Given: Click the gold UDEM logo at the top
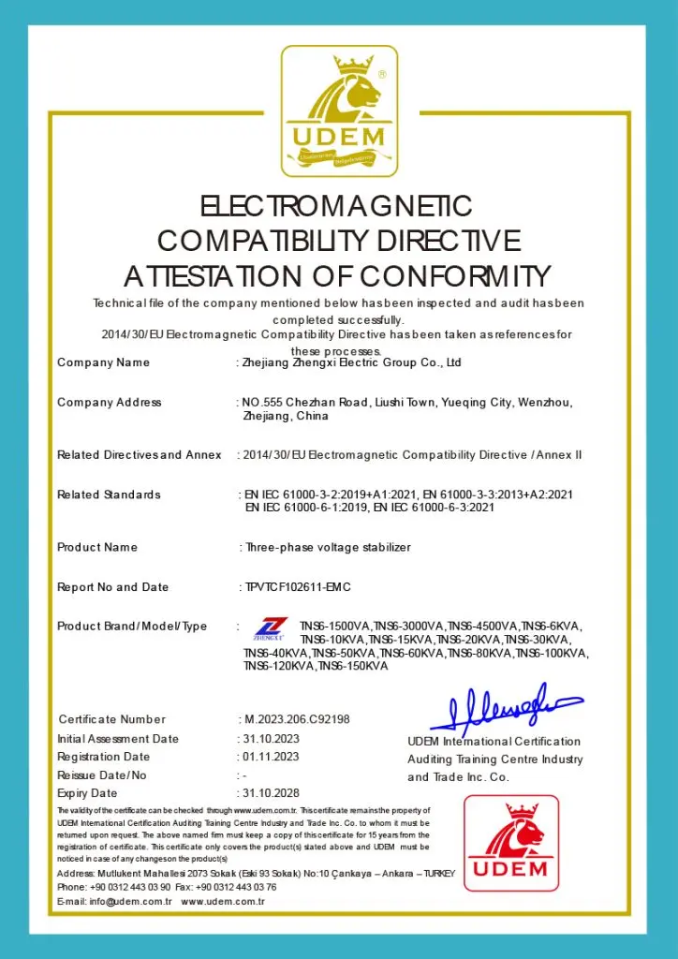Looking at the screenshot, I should point(339,111).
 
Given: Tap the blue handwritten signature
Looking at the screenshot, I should point(504,707).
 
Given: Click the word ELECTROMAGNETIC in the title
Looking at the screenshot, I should point(337,205).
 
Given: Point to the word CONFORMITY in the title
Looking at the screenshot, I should point(455,276).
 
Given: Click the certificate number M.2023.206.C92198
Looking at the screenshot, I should point(297,719).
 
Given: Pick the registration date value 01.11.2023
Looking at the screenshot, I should point(271,757).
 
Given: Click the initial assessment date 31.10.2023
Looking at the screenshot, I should point(271,738).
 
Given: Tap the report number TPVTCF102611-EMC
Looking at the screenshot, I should point(298,587).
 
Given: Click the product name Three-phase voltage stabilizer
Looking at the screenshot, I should point(327,547).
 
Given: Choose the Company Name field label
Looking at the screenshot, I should point(103,362).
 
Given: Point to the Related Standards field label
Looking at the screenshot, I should point(109,494).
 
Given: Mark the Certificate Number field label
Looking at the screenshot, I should point(111,719).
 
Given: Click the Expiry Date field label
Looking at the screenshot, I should point(87,794).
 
